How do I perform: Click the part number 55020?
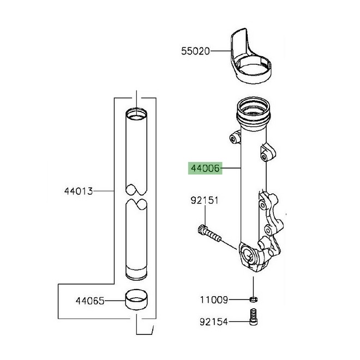tap(195, 51)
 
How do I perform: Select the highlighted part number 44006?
tap(205, 169)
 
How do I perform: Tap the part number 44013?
tap(79, 191)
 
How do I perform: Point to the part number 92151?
tap(205, 201)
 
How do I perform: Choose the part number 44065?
tap(89, 301)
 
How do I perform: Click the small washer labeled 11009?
tap(254, 299)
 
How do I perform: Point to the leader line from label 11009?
tap(239, 299)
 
